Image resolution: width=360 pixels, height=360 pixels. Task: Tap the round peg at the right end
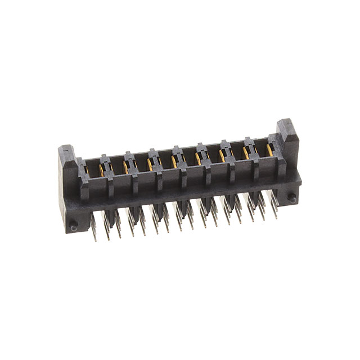click(292, 197)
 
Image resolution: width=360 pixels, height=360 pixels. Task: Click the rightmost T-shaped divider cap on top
click(249, 141)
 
